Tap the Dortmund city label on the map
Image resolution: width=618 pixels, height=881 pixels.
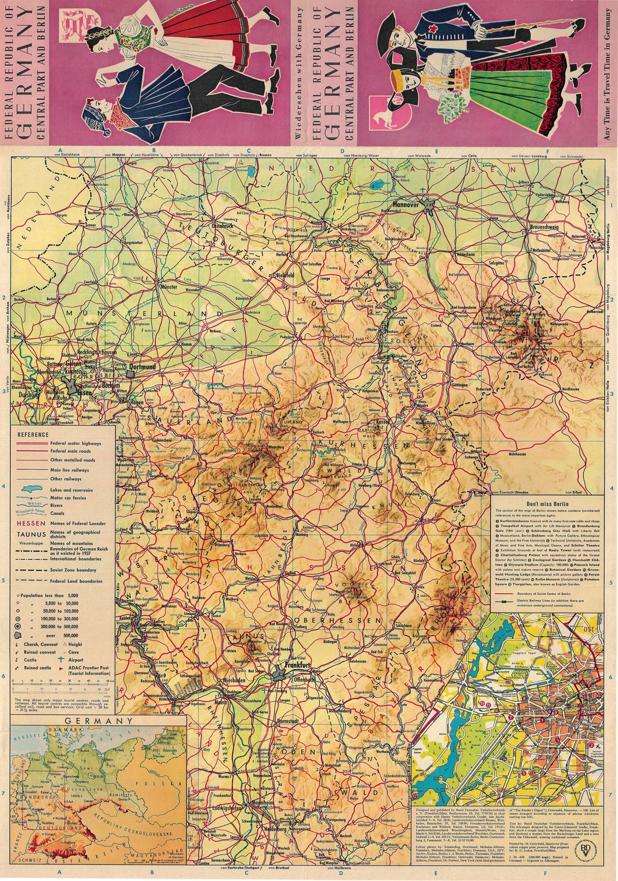tap(143, 366)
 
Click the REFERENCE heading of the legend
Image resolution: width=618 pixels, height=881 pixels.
tap(33, 434)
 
